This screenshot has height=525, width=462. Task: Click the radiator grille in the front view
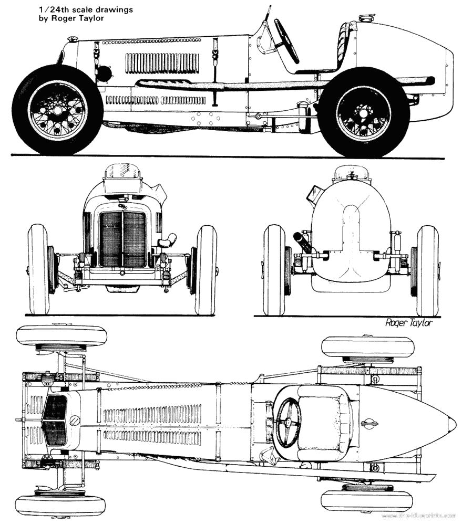[x=122, y=239]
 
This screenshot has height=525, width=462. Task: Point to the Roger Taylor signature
[x=408, y=323]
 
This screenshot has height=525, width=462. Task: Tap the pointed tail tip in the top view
[x=453, y=423]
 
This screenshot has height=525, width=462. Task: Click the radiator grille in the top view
[x=55, y=420]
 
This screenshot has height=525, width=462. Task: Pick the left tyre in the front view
[x=38, y=269]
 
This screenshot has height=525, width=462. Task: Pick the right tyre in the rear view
[x=427, y=270]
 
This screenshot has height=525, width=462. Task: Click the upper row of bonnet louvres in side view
[x=161, y=63]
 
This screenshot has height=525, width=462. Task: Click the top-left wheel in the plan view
[x=61, y=337]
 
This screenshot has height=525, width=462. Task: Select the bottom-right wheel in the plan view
[x=367, y=500]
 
